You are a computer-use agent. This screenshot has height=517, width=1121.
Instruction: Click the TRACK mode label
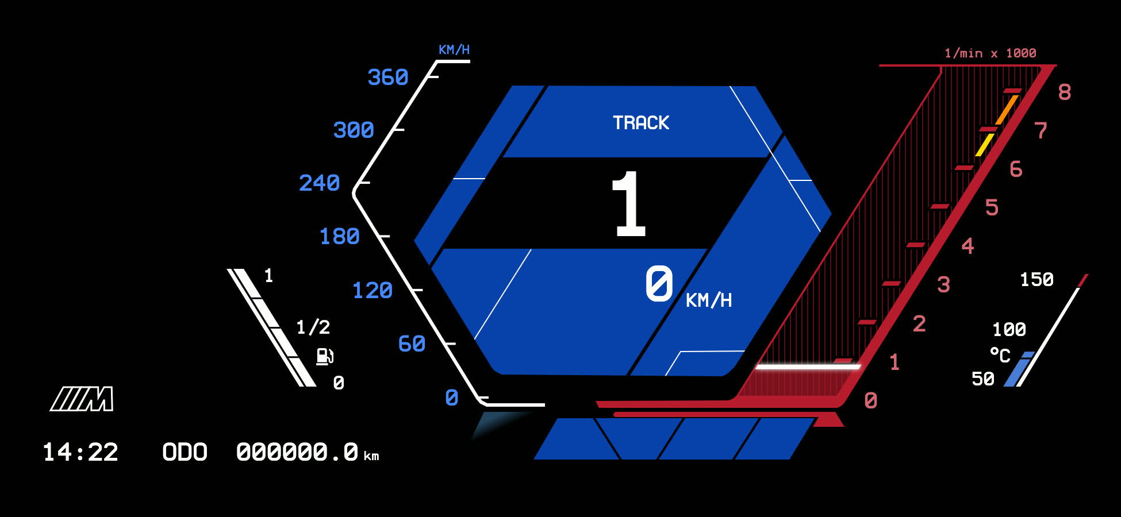(641, 123)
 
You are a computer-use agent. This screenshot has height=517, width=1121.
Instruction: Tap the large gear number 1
(629, 204)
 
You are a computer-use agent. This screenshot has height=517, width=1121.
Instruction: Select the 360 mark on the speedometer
(388, 77)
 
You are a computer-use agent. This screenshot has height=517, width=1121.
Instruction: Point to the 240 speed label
(320, 183)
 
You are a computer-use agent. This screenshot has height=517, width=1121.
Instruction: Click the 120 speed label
(373, 290)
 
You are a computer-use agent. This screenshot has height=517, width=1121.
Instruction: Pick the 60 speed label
(412, 344)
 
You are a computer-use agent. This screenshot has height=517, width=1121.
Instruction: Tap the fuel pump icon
(325, 356)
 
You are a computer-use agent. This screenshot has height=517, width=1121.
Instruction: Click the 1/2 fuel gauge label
(313, 327)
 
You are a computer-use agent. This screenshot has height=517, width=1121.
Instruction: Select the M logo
(82, 399)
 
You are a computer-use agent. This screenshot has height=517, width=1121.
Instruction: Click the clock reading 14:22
(80, 452)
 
